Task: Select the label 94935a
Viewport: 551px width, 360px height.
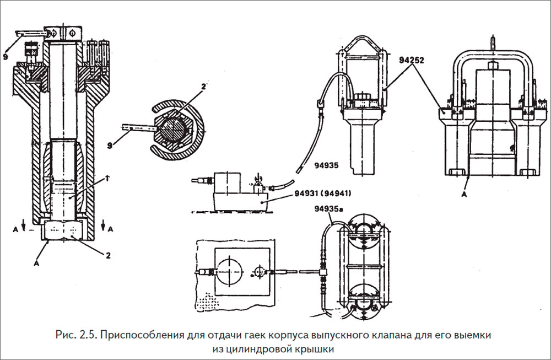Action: [328, 209]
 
